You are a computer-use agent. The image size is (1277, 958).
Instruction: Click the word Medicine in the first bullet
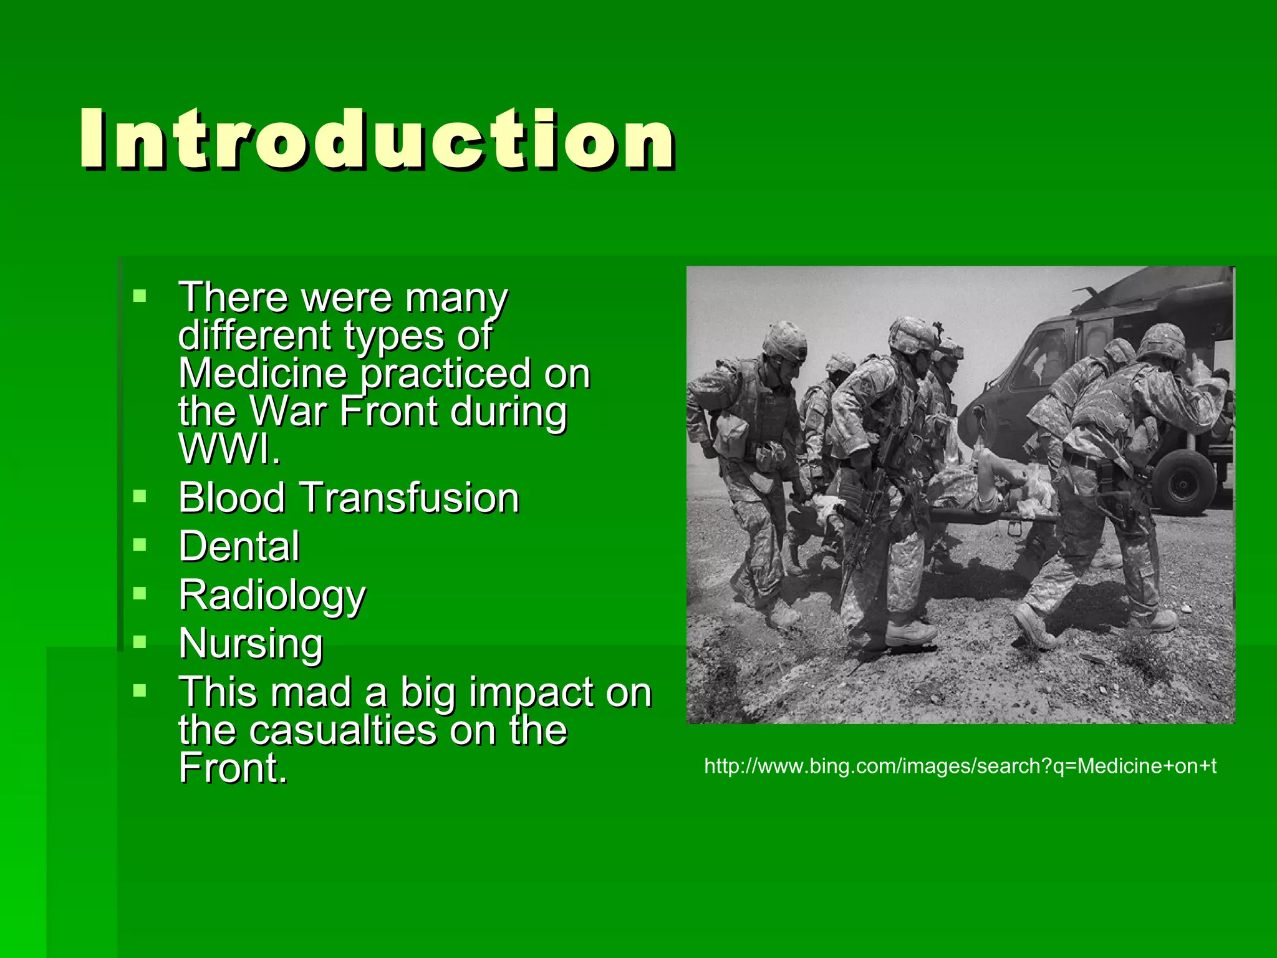coord(262,374)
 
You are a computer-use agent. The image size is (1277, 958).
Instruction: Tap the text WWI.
coord(229,449)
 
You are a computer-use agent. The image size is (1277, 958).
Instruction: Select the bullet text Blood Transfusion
coord(349,498)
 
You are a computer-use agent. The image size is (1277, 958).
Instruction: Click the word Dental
coord(239,547)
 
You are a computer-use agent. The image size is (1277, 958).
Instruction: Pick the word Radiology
coord(272,596)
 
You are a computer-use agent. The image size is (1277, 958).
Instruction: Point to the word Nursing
coord(251,644)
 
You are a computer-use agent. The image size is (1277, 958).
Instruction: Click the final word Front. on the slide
coord(233,768)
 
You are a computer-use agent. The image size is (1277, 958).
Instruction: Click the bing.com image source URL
coord(960,766)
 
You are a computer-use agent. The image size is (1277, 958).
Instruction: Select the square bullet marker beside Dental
coord(140,544)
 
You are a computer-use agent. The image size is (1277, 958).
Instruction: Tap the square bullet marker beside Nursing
coord(140,641)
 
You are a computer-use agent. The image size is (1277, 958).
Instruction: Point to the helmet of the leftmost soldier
coord(784,340)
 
